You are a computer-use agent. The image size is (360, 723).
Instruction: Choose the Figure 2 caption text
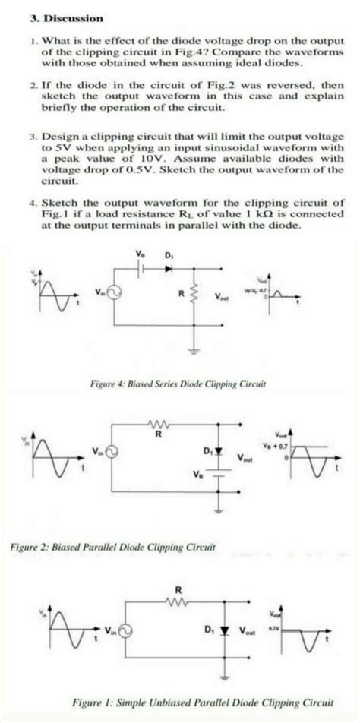(113, 545)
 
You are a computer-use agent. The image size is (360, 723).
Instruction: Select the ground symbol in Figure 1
(226, 678)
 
